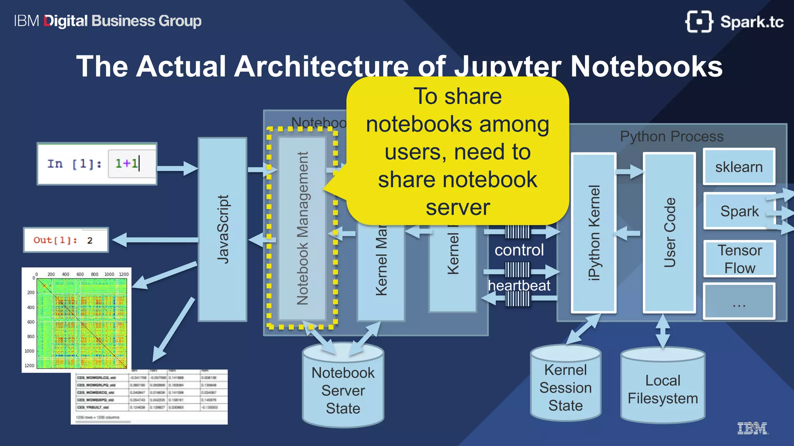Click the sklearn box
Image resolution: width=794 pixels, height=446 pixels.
(739, 167)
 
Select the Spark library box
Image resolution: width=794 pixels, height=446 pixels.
(739, 211)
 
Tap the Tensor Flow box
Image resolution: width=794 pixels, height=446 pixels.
(739, 259)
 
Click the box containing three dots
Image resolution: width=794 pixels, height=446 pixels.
(739, 301)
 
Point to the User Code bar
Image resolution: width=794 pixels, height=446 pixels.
(669, 233)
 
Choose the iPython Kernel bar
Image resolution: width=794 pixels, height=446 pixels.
(594, 233)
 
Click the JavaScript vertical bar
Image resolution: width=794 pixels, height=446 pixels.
(223, 229)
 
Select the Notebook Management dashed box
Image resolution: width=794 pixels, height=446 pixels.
(302, 228)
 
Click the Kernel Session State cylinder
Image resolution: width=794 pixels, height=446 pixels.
(565, 388)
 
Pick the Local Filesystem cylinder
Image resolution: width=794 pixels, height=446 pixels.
(663, 389)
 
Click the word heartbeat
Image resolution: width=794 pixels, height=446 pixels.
(519, 286)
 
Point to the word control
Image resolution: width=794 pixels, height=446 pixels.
(519, 250)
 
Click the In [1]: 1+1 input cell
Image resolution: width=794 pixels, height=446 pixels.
(97, 164)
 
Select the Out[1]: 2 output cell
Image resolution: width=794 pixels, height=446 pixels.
(66, 240)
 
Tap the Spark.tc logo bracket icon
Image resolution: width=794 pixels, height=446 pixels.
(699, 22)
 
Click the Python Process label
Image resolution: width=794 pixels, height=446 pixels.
(671, 136)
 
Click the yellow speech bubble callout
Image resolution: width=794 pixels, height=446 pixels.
(457, 151)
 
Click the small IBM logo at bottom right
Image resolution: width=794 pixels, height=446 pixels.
(752, 428)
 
